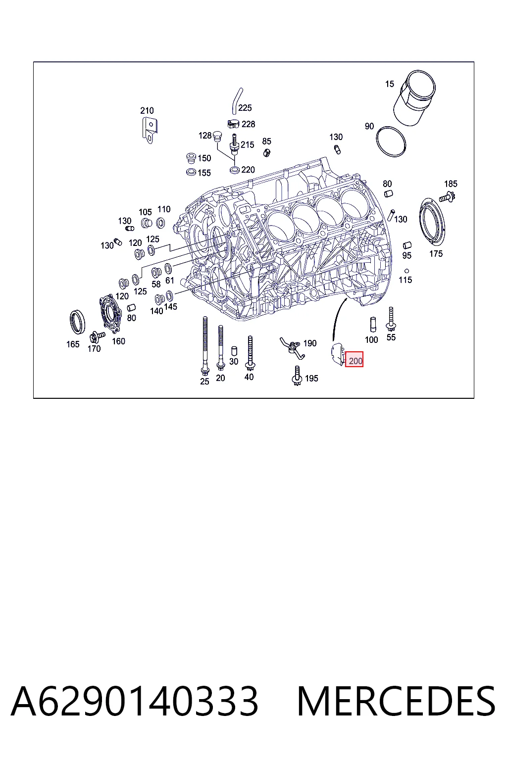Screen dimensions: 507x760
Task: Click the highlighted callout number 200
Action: (355, 361)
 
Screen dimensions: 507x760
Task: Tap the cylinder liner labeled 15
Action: (414, 98)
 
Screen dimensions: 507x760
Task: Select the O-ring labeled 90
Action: (391, 142)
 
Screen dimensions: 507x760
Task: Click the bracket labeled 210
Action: (150, 130)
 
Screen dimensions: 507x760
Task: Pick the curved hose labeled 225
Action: (237, 101)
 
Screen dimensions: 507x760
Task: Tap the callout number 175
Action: (436, 253)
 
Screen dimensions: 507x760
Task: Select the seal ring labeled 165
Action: (77, 322)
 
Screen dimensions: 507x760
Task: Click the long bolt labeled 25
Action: (205, 345)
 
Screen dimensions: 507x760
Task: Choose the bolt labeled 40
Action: (250, 353)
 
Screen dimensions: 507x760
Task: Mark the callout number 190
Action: (310, 343)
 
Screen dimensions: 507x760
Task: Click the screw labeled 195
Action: (297, 376)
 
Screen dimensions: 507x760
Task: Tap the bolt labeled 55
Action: (391, 319)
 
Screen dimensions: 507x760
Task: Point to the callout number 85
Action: (266, 141)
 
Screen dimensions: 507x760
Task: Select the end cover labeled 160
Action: (110, 314)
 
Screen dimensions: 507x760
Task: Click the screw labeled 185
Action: (447, 197)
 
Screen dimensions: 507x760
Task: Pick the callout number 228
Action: (248, 124)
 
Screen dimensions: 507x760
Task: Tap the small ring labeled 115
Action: (406, 271)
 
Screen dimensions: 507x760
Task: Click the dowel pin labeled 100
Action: (373, 325)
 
